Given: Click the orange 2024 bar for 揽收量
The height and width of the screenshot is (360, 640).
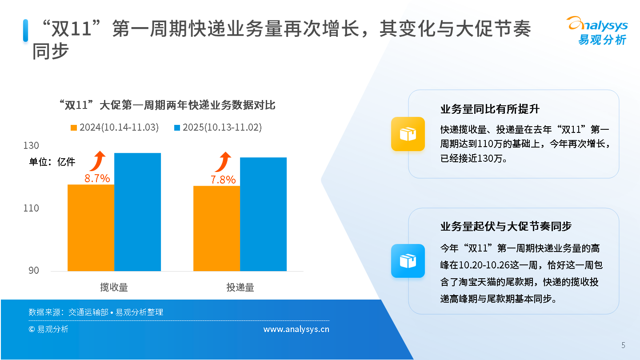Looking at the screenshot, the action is tap(91, 228).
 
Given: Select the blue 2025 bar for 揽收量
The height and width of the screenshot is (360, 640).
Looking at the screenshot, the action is tap(137, 212).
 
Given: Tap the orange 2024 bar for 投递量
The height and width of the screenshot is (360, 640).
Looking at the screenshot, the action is tap(216, 228).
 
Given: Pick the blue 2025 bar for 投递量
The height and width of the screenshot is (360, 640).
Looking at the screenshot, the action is tap(263, 214).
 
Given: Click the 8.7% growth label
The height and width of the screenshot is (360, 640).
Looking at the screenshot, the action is tap(97, 178).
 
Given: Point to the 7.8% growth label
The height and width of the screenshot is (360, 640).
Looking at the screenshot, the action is tap(223, 180).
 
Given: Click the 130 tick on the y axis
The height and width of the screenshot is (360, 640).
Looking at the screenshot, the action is tap(31, 145).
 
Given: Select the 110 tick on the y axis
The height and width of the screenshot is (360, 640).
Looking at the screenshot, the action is tap(31, 208).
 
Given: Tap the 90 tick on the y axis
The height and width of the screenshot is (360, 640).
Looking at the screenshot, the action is tap(34, 270).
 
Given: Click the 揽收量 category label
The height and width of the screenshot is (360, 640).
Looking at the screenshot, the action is tap(114, 287).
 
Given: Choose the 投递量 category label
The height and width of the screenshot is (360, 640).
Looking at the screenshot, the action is tap(240, 287).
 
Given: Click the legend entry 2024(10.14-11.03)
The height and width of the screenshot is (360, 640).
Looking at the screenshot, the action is tap(115, 128).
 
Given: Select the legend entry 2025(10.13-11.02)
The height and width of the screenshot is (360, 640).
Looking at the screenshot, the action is tap(218, 128).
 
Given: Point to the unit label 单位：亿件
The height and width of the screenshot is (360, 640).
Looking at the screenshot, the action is tap(52, 162).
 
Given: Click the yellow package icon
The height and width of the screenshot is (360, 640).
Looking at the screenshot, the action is tap(408, 134).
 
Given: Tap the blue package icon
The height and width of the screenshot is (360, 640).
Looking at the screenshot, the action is tap(408, 261).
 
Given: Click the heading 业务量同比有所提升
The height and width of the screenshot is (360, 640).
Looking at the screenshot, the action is tap(490, 109).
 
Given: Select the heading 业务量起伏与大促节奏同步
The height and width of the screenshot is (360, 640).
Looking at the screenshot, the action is tap(506, 226).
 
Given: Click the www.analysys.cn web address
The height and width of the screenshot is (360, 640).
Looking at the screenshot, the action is tap(296, 329).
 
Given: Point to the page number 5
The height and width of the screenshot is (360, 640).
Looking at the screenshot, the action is tap(624, 345).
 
